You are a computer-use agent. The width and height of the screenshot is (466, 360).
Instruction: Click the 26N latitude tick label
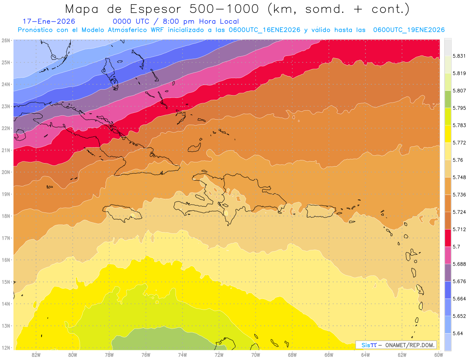(6, 40)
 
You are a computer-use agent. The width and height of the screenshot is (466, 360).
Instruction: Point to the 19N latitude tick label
(6, 194)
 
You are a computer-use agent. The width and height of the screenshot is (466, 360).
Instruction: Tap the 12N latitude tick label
(6, 348)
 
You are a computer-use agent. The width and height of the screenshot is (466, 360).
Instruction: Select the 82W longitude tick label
(36, 354)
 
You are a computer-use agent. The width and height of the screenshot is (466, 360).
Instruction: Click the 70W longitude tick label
(256, 354)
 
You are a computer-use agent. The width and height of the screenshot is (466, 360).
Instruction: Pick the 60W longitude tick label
(438, 354)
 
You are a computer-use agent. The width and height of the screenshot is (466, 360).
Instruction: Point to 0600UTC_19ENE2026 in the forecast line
(409, 30)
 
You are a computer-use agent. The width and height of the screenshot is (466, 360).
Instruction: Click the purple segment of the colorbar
(448, 272)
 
